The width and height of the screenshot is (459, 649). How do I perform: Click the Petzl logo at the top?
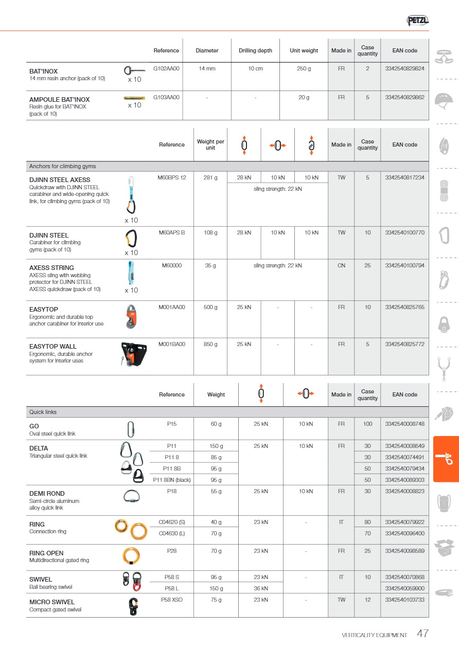point(417,21)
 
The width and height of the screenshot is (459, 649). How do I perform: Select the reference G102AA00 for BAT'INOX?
point(166,68)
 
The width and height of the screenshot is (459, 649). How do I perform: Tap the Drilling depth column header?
point(255,50)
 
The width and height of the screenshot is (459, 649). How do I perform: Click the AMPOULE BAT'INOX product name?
point(59,100)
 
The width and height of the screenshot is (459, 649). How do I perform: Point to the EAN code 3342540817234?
point(404,177)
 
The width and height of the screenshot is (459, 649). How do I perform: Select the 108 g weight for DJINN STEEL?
point(210,232)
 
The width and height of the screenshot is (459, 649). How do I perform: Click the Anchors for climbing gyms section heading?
point(62,166)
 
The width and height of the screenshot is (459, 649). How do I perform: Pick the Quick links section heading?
point(43,412)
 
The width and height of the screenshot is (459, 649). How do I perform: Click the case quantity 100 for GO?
point(367,424)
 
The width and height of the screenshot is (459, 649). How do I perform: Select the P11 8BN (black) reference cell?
point(172,480)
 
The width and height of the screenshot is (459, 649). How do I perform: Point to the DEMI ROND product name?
point(47,493)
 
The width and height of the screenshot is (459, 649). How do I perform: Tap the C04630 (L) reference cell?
point(171,533)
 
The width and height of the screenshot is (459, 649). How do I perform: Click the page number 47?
point(422,634)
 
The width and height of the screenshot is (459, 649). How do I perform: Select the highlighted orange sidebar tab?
point(446,459)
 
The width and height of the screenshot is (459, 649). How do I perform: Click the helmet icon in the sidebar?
point(443,100)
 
